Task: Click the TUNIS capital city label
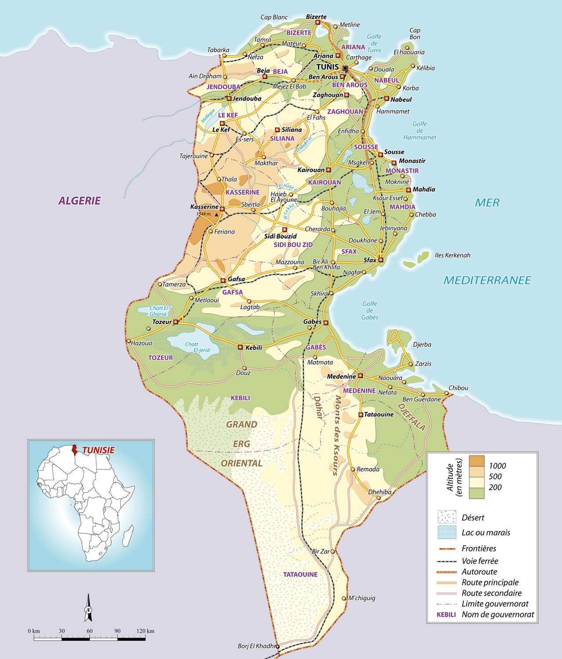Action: [x=328, y=67]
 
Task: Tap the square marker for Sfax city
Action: [x=381, y=260]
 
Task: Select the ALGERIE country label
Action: [x=80, y=201]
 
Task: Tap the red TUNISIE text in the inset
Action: [x=99, y=450]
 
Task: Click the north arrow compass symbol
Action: [x=88, y=608]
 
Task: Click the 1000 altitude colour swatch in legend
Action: [x=477, y=461]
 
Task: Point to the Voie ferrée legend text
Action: [x=480, y=561]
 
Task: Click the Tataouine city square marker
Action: [x=361, y=414]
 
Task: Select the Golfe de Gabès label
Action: [x=370, y=310]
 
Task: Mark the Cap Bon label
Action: [x=415, y=33]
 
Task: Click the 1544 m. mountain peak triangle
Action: [x=217, y=214]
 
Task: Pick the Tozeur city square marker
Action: [x=176, y=322]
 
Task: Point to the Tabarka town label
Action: [x=219, y=50]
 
